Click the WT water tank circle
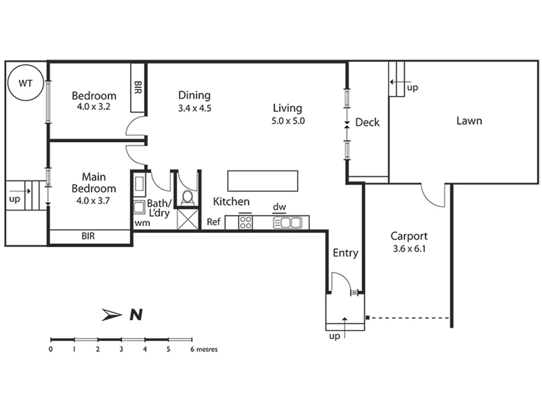[x=25, y=83]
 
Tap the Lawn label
[x=469, y=121]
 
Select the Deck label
[x=367, y=122]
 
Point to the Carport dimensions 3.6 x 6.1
[x=409, y=248]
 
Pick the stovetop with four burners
[x=245, y=222]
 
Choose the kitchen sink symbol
[x=288, y=223]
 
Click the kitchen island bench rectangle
[x=263, y=181]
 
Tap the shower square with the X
[x=188, y=219]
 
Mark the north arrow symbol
[x=112, y=315]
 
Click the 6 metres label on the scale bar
[x=204, y=349]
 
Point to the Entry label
[x=346, y=253]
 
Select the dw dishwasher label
[x=279, y=207]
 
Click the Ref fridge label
[x=213, y=222]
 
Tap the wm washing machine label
[x=142, y=223]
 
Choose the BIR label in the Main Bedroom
[x=88, y=236]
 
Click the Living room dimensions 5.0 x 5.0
[x=288, y=121]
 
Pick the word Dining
[x=194, y=95]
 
